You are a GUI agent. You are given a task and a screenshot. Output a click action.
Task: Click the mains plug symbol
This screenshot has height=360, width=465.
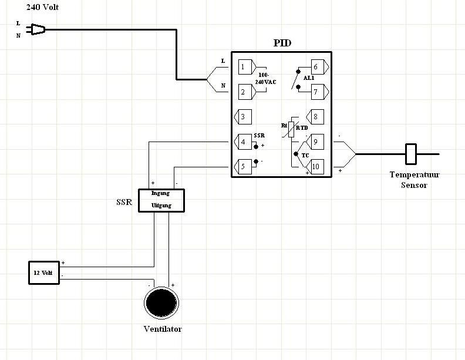click(36, 29)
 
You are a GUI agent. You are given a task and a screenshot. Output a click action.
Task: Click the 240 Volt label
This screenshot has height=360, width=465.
click(42, 7)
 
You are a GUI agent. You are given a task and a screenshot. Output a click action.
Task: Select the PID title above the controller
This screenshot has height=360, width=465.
click(282, 43)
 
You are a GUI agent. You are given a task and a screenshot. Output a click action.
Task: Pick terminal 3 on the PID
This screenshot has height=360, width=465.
click(243, 117)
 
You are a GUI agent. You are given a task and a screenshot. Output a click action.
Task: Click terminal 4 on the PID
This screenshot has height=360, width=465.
click(243, 142)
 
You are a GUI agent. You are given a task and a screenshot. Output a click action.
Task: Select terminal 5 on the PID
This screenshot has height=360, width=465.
click(243, 167)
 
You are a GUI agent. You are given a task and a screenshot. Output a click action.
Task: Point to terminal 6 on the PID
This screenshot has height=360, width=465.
click(319, 67)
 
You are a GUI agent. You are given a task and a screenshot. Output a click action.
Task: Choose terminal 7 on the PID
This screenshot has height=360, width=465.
click(319, 92)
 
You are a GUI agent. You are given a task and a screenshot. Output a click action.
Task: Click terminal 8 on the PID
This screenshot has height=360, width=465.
click(315, 117)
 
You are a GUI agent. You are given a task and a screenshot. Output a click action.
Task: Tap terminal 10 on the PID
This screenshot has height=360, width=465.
click(315, 167)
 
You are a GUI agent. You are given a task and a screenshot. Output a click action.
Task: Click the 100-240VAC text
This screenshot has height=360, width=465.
click(265, 79)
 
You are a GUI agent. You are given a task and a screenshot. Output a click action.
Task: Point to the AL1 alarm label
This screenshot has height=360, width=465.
click(309, 78)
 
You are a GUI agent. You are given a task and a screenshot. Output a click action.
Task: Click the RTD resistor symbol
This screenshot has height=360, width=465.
click(291, 129)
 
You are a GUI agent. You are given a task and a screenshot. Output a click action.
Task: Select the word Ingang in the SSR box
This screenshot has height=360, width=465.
click(160, 193)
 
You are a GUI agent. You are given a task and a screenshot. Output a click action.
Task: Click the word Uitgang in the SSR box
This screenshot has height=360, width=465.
click(161, 205)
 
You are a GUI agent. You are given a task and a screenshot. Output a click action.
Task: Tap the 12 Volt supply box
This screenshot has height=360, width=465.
click(44, 273)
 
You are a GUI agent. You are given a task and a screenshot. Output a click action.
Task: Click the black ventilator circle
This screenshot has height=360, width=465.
click(161, 303)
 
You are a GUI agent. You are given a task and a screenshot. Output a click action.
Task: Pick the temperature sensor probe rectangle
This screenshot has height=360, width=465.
click(411, 154)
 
